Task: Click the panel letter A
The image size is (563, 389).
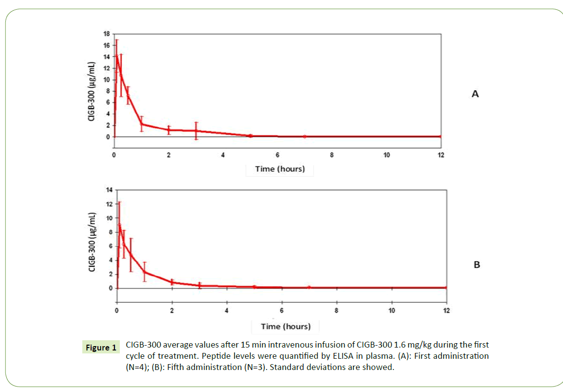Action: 475,94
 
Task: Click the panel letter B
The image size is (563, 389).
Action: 477,265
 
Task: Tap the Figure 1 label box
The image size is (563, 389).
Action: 101,348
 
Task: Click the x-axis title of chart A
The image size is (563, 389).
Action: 280,169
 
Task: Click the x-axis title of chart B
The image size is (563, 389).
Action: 286,326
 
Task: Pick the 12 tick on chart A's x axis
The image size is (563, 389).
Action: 441,155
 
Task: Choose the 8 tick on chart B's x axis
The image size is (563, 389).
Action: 337,311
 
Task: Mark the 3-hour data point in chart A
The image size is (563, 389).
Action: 196,130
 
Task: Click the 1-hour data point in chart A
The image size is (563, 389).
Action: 141,124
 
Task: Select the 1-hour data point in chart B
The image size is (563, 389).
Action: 145,272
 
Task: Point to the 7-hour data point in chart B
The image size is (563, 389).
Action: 309,287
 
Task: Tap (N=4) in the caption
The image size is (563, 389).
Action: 140,367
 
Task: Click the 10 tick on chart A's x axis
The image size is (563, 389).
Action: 386,155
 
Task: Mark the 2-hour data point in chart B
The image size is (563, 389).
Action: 172,282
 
